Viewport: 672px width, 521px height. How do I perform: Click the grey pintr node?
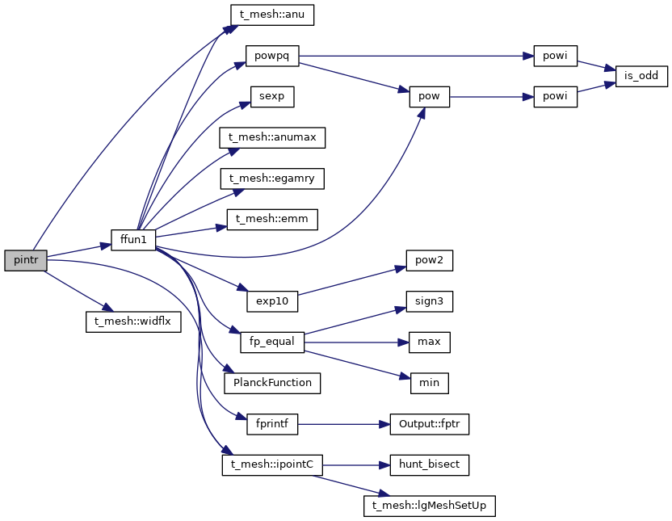click(x=25, y=260)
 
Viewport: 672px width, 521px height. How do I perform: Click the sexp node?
click(x=271, y=97)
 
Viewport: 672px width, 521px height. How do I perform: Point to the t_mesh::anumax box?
click(x=272, y=138)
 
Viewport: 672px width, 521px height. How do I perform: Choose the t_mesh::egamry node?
click(x=272, y=179)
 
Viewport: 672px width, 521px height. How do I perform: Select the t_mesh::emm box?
click(x=272, y=220)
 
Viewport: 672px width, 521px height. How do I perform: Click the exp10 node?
click(x=272, y=301)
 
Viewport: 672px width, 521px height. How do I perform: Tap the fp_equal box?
click(x=272, y=342)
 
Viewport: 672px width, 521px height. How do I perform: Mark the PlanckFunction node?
click(x=272, y=383)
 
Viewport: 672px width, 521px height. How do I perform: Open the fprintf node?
click(x=272, y=424)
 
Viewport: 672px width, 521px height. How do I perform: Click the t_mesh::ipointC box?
click(x=272, y=465)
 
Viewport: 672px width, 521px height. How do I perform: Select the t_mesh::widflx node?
click(x=133, y=321)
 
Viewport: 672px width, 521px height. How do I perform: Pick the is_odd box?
click(x=642, y=77)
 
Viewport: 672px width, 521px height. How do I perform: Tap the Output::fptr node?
click(x=429, y=424)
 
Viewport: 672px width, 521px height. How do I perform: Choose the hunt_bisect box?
click(x=429, y=465)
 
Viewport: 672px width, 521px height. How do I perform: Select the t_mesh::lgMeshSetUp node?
click(x=429, y=506)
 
